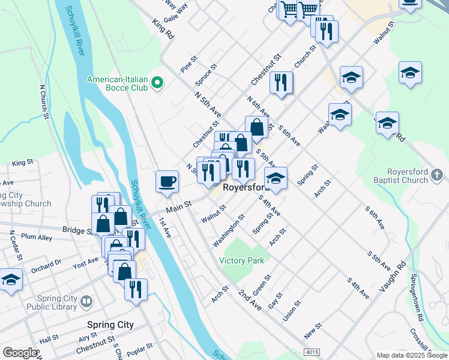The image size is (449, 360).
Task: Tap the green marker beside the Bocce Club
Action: (x=158, y=83)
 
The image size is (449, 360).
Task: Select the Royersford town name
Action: (x=244, y=187)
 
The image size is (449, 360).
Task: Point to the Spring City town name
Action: (x=110, y=325)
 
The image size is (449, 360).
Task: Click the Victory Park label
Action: (x=241, y=260)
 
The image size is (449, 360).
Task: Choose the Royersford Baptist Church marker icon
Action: (x=438, y=175)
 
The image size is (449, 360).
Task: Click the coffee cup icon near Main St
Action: (x=167, y=180)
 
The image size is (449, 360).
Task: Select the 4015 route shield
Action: (x=312, y=352)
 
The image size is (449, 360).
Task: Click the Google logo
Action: (x=20, y=353)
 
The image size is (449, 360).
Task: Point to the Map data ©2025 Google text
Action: (x=411, y=355)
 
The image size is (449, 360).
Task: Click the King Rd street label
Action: (x=163, y=29)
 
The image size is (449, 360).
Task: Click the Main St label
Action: (x=178, y=207)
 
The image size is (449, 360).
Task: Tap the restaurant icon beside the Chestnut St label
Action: (x=281, y=82)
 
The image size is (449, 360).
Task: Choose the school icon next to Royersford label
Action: (x=276, y=179)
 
